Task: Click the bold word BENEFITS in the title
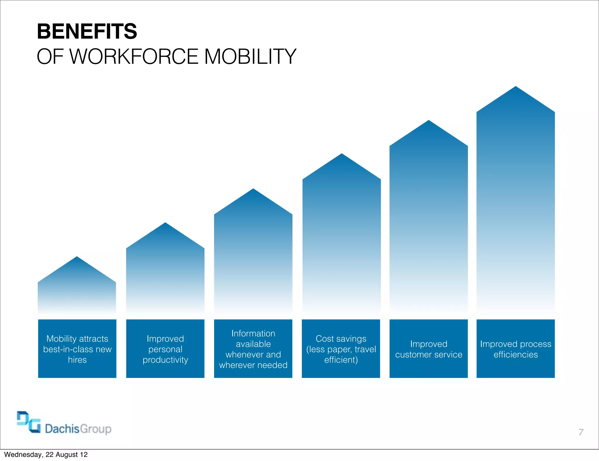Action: [87, 31]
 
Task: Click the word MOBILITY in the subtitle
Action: [250, 56]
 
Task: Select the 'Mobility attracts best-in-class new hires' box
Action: [77, 349]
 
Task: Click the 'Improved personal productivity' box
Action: [165, 349]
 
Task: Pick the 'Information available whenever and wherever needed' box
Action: [253, 349]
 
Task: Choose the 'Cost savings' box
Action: [341, 349]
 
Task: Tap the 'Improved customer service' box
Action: [428, 349]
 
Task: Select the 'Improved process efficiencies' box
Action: [516, 349]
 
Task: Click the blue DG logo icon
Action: [29, 422]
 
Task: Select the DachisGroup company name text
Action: [78, 429]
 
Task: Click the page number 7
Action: [581, 432]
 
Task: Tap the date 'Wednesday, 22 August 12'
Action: [46, 455]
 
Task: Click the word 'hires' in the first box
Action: [77, 360]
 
